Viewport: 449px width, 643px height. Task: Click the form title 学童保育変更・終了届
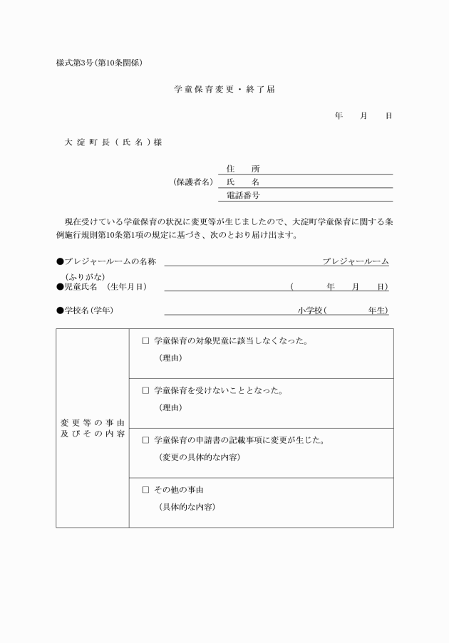point(224,90)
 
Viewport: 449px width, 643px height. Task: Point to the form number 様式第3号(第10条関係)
point(100,63)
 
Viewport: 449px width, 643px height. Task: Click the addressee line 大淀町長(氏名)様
point(113,142)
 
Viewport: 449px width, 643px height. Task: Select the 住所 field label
point(242,169)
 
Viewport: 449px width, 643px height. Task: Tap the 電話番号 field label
point(242,194)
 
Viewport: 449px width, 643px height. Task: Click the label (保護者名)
point(193,182)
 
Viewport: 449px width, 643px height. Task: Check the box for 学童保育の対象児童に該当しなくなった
point(146,341)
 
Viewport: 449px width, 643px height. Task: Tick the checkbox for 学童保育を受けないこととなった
point(146,391)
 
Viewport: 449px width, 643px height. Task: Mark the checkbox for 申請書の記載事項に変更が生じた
point(146,441)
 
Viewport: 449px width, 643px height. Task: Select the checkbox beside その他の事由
point(146,491)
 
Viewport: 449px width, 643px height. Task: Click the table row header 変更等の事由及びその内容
point(93,429)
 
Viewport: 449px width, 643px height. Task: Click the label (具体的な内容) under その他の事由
point(187,507)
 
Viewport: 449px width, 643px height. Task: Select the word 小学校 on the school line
point(311,310)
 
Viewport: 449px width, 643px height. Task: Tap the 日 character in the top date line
point(388,115)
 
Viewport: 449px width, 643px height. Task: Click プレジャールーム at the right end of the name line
point(355,261)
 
